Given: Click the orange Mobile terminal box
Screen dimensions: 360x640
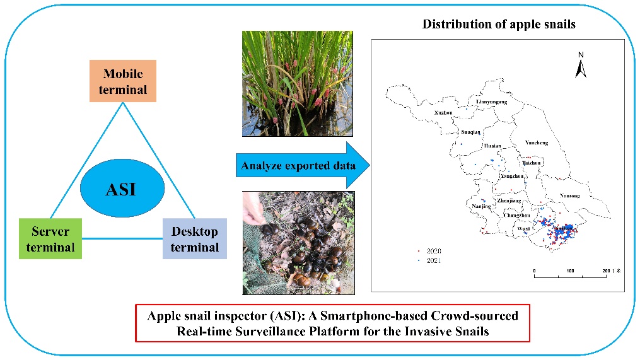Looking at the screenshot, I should click(123, 81).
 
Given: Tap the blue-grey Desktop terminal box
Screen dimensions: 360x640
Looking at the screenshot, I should click(194, 238).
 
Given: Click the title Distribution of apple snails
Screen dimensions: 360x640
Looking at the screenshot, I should click(499, 25).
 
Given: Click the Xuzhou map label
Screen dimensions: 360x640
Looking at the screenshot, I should click(444, 113).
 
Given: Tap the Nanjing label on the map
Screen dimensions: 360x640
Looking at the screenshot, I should click(481, 206).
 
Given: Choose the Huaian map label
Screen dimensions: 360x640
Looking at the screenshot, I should click(492, 146).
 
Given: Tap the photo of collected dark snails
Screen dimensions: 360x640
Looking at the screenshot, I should click(298, 243).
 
